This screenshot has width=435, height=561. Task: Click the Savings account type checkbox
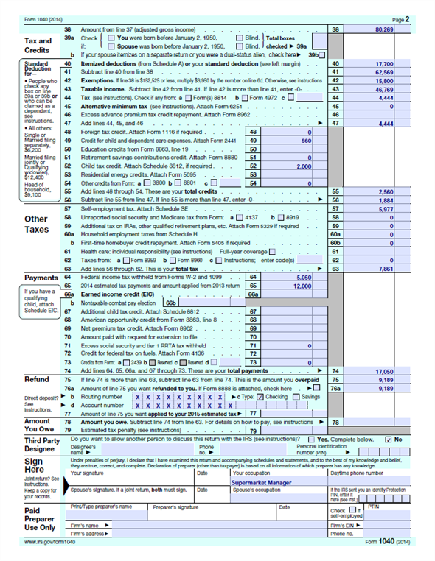pos(297,397)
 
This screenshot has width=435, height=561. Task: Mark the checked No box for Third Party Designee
pos(389,439)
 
